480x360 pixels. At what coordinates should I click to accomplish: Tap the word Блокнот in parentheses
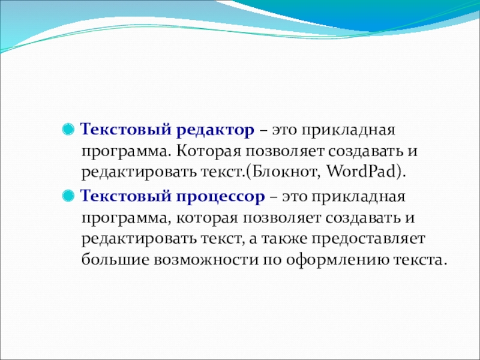[284, 172]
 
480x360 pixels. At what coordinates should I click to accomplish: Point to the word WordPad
[361, 172]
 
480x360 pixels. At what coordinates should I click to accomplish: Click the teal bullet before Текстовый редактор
[68, 129]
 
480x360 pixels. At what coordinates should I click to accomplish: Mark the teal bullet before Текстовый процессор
[68, 196]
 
